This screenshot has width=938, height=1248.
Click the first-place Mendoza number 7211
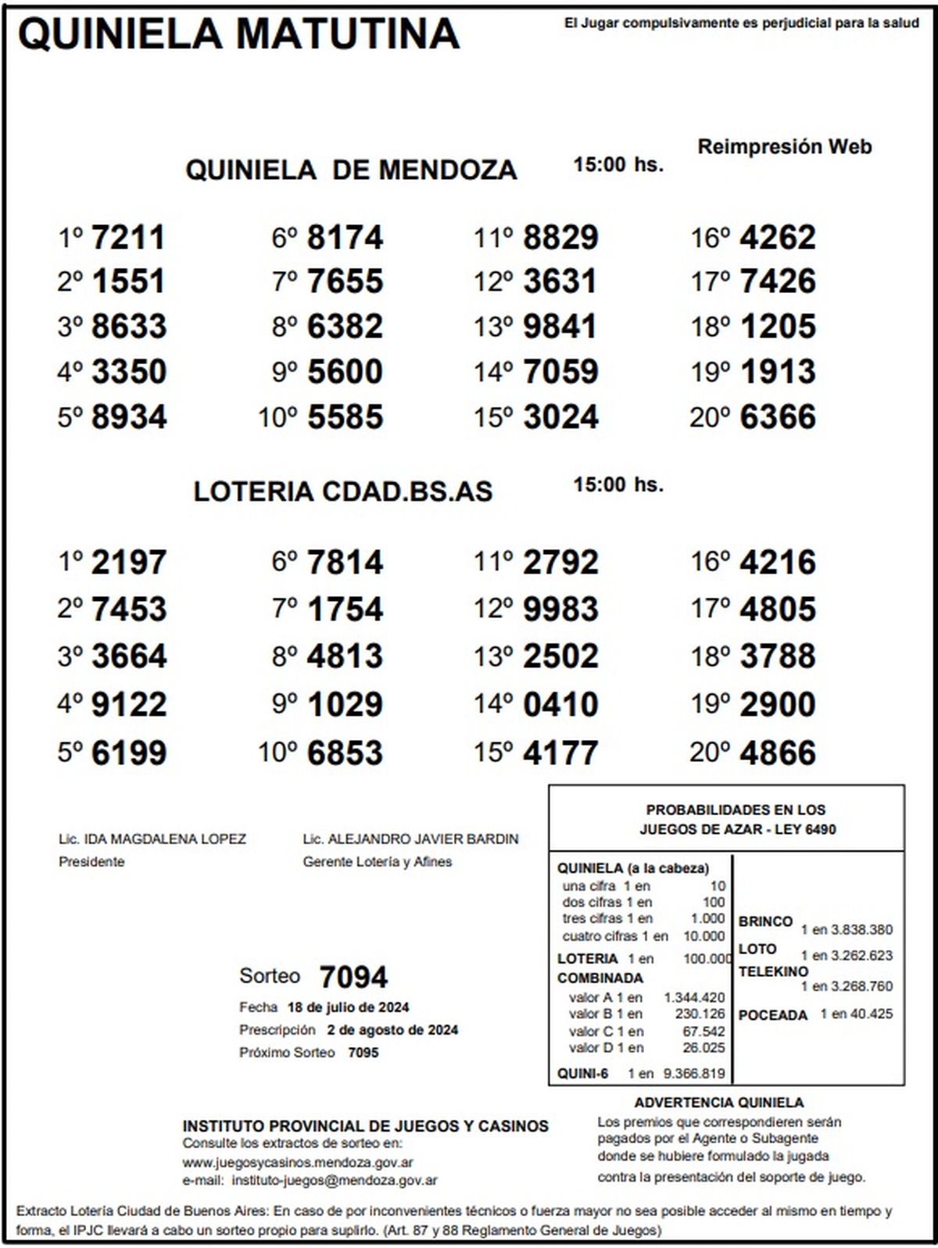[128, 238]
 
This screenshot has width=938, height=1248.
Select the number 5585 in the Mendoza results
[345, 417]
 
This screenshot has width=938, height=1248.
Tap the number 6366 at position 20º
[777, 417]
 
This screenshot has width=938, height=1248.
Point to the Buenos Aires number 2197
[128, 563]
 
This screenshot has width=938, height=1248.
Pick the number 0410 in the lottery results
[560, 705]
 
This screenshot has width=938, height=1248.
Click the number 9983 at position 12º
[560, 610]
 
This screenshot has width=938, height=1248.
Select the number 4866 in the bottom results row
[777, 753]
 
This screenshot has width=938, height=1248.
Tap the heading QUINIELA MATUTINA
[238, 34]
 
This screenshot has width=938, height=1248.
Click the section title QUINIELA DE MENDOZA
[351, 170]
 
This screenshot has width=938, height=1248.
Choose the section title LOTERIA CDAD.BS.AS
[343, 492]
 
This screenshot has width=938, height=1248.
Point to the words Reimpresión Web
[784, 147]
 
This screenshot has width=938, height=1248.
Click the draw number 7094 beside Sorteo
[353, 977]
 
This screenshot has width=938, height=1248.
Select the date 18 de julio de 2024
[348, 1007]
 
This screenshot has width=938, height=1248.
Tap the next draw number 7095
[363, 1053]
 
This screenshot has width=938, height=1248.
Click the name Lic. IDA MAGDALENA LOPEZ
[152, 839]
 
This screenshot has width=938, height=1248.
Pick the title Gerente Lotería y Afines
[378, 862]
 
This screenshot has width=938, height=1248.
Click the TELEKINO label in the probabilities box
[773, 972]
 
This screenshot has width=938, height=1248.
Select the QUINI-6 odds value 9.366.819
[693, 1074]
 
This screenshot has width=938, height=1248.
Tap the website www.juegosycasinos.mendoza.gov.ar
[298, 1163]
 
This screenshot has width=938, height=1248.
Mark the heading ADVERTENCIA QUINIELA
[718, 1103]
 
